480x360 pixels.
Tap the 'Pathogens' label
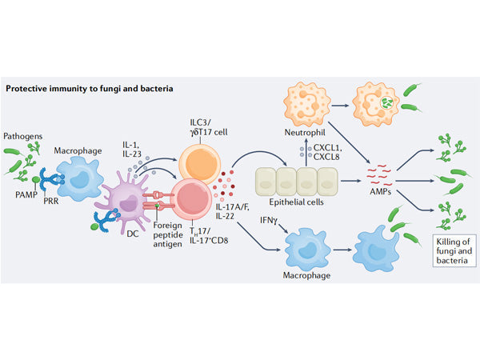click(25, 137)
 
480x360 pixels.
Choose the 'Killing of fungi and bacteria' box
click(452, 251)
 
